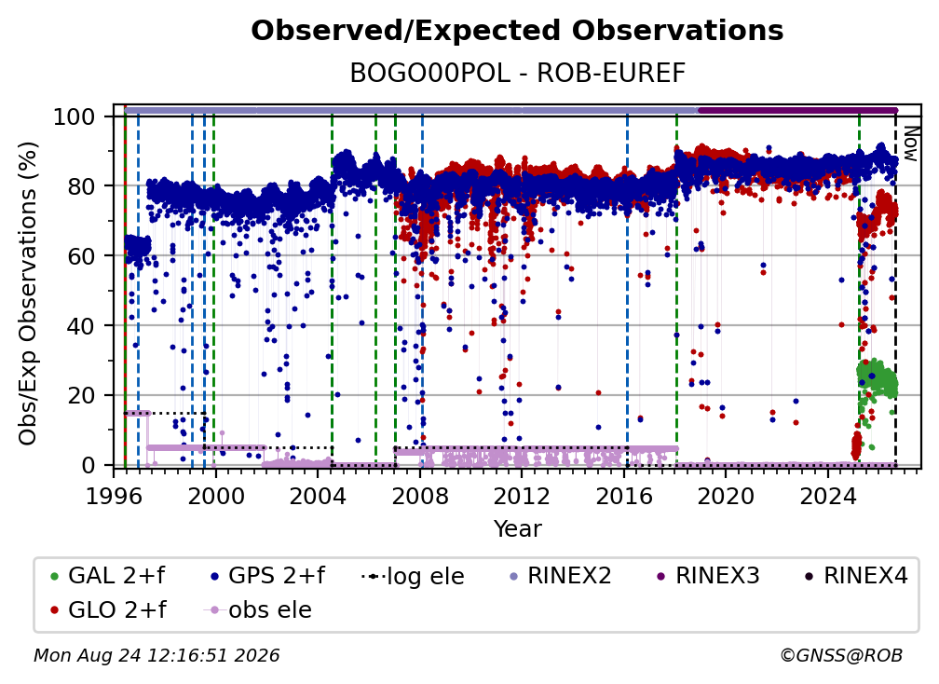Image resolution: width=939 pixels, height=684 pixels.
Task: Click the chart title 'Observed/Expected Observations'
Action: (517, 31)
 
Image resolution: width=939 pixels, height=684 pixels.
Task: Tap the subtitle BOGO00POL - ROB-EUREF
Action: (517, 74)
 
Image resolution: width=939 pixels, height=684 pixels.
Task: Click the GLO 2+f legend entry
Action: (108, 609)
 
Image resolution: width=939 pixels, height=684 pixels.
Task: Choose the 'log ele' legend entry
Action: (414, 576)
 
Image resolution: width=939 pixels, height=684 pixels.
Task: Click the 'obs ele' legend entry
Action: (258, 610)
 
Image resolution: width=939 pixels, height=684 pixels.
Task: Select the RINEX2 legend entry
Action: (560, 576)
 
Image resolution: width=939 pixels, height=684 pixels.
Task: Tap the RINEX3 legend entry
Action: (708, 576)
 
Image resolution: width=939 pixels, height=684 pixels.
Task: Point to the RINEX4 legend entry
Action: (856, 576)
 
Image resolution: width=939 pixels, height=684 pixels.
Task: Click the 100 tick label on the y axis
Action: (75, 116)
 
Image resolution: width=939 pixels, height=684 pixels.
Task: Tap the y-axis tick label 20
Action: (81, 396)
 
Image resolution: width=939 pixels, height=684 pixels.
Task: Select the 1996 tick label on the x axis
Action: (115, 497)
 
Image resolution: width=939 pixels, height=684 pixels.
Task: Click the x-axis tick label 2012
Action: (523, 497)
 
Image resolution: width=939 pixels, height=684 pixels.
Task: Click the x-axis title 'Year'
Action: (517, 529)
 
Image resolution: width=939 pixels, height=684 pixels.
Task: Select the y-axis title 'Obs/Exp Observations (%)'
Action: (28, 294)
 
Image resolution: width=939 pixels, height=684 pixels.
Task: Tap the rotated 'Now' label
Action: (910, 144)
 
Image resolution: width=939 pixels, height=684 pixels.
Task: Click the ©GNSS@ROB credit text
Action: (841, 656)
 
